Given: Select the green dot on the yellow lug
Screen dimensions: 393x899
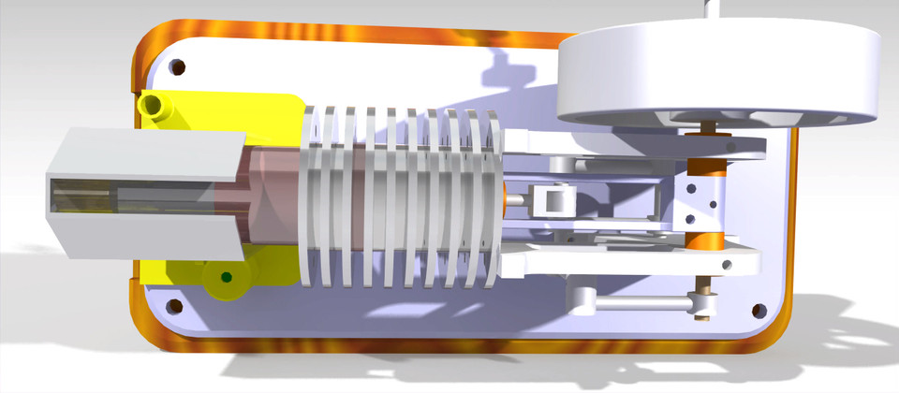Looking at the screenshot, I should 226,276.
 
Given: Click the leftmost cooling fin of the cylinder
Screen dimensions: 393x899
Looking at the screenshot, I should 314,196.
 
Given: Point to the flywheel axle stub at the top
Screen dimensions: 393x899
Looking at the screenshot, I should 712,7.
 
